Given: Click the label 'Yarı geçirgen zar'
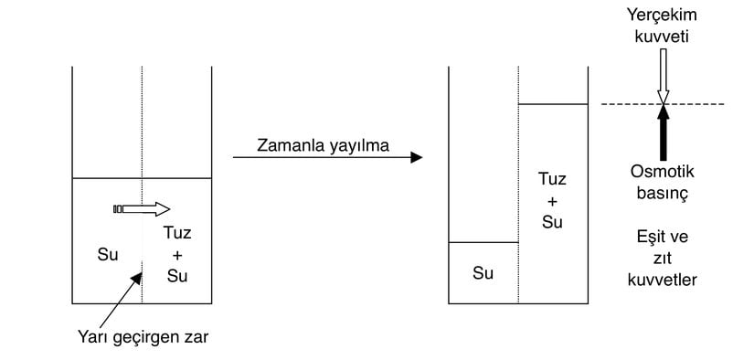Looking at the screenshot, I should point(143,337).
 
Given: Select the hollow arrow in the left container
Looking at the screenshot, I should point(142,209).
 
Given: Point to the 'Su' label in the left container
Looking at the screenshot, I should point(107,255).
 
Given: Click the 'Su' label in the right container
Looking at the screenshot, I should point(483,271).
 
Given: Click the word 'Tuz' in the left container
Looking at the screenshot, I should point(177,234).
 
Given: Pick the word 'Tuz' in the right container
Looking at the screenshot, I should point(552,180).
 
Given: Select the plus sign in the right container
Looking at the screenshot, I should point(552,200).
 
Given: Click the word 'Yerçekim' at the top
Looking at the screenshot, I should point(663,15).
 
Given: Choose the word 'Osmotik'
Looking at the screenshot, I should point(663,172).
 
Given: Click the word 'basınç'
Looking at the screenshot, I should point(663,194).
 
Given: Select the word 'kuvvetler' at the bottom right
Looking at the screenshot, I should point(664,280).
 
